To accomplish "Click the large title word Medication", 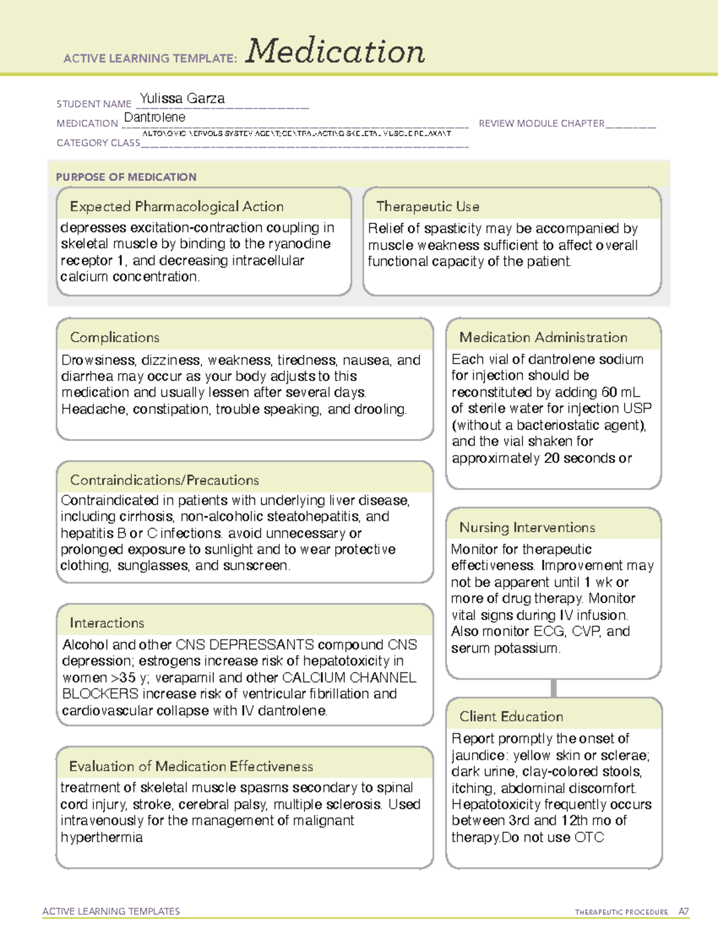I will [x=335, y=51].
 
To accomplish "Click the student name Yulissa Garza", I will [x=182, y=99].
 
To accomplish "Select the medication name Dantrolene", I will [x=154, y=117].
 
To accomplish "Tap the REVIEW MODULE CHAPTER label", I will [x=541, y=123].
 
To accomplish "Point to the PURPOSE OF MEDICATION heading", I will [x=126, y=177].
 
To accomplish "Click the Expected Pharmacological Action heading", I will [x=177, y=206].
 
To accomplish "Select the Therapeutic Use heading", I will [x=427, y=206].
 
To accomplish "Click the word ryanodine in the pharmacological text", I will [x=299, y=244].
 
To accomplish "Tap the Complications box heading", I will [x=114, y=337].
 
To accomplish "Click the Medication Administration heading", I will [x=543, y=337].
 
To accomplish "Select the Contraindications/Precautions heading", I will [x=164, y=480].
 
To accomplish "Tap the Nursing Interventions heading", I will [x=527, y=528].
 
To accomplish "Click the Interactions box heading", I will [x=107, y=623].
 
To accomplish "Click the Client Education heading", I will [x=511, y=717].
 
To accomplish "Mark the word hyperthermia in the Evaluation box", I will [x=101, y=837].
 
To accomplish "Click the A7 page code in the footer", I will [x=683, y=912].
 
